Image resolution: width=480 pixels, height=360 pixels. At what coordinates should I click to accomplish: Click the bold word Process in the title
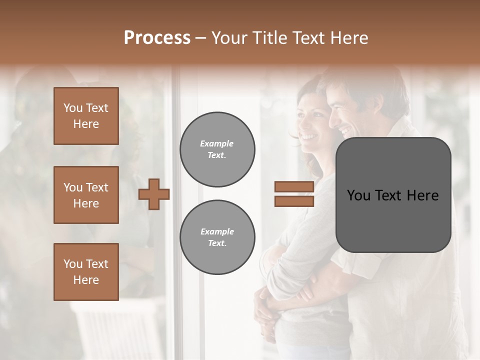point(157,37)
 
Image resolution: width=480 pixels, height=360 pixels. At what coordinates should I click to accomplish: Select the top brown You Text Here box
point(86,116)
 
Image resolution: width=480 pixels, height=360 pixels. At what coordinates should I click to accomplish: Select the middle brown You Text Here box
point(86,195)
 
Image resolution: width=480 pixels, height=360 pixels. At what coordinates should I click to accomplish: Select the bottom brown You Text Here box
point(86,271)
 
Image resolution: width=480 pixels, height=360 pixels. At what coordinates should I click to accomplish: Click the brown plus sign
point(154,194)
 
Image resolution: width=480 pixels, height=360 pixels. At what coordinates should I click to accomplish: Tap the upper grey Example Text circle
point(217,149)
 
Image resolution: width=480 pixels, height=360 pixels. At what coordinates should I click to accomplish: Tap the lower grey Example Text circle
point(217,237)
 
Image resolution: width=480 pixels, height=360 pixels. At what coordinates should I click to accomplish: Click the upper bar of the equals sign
point(294,187)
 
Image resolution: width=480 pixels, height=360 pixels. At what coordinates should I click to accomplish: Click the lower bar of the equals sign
point(294,201)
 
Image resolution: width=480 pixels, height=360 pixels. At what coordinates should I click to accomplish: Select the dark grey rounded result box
point(393,195)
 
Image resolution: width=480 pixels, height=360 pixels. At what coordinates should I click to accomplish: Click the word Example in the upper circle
point(217,143)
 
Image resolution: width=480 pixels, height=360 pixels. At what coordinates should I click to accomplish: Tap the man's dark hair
point(365,82)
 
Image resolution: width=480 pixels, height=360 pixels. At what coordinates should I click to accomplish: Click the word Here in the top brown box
point(86,124)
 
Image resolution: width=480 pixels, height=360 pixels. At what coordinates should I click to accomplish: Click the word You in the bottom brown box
point(73,263)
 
